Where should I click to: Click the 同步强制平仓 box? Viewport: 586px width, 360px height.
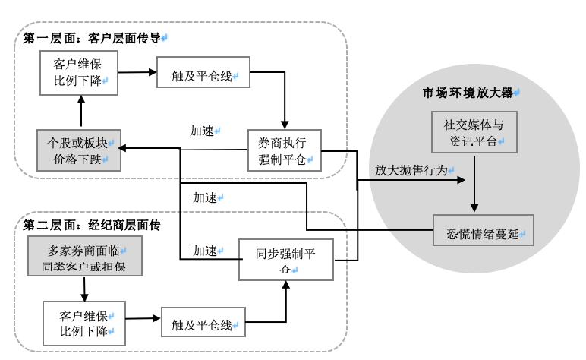[x=286, y=261]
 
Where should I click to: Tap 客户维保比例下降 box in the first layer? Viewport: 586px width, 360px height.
[x=79, y=73]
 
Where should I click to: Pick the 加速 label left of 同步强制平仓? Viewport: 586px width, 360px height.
[x=206, y=250]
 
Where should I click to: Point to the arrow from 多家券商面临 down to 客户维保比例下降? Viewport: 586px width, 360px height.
[x=80, y=289]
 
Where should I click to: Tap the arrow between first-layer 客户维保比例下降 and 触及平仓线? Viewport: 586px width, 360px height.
[x=138, y=74]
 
